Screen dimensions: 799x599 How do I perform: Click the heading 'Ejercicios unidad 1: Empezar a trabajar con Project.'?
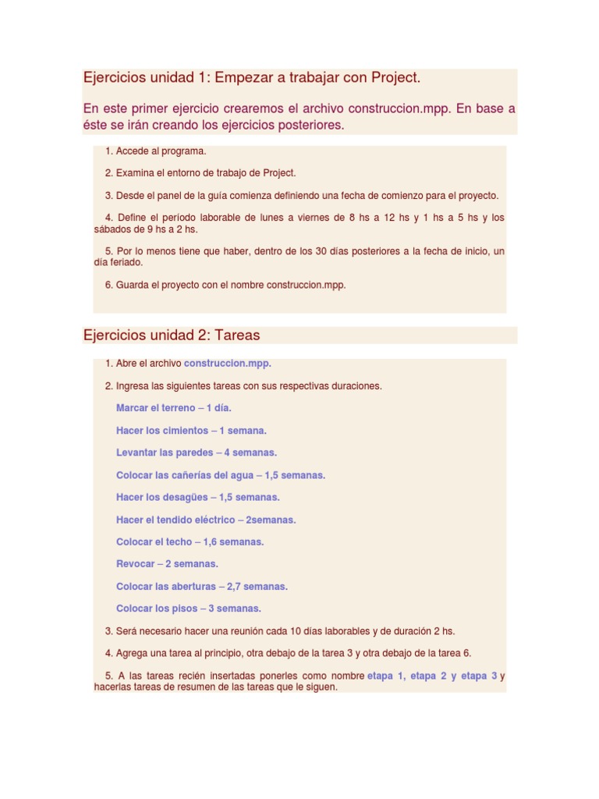252,77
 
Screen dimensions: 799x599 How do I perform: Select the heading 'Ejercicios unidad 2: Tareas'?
172,335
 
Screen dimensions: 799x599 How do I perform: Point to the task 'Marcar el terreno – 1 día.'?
173,407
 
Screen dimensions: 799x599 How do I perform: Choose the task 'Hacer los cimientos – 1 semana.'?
191,430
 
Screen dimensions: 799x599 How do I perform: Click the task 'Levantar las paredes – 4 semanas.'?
196,453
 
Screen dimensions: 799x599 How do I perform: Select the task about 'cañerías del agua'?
220,474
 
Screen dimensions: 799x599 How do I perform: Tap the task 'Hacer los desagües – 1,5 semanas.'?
197,497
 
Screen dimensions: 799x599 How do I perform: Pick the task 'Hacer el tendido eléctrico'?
206,520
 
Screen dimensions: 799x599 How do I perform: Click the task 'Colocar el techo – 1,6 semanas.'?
190,542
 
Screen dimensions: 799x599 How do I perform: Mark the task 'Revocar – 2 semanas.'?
167,563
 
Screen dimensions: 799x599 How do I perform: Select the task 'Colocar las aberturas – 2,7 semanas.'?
201,586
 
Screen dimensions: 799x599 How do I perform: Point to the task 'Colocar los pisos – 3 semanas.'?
188,609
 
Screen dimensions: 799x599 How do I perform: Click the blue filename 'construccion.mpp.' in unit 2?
228,364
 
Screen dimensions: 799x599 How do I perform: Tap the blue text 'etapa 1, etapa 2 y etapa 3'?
432,676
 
